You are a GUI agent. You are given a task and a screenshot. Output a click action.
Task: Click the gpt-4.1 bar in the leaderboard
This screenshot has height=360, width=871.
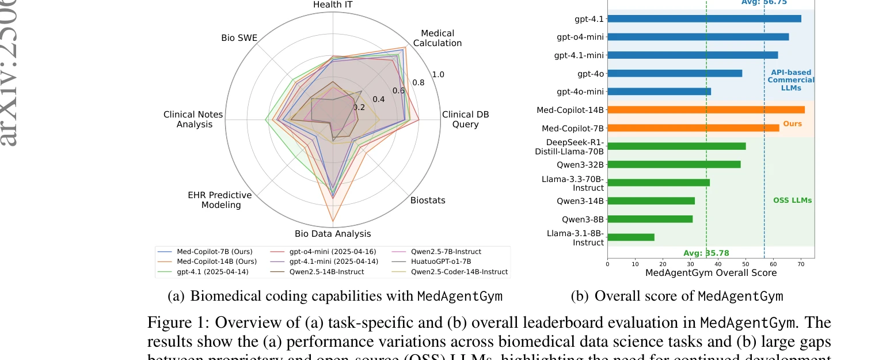pos(703,18)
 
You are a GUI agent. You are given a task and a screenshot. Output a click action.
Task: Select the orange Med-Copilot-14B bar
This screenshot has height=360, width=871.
pos(706,109)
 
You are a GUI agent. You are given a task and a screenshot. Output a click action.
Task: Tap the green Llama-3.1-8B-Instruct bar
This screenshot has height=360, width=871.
pos(630,237)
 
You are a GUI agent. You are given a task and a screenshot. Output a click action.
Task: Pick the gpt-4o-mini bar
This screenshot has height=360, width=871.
pos(659,92)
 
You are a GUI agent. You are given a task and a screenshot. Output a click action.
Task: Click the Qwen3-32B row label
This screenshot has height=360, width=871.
pos(580,164)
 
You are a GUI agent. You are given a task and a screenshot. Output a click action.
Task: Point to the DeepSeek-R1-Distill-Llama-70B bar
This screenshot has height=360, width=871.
pos(676,146)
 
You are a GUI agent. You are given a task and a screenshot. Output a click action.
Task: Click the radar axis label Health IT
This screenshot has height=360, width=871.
pos(333,5)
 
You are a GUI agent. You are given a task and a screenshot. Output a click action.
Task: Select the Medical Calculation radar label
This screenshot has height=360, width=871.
pos(438,38)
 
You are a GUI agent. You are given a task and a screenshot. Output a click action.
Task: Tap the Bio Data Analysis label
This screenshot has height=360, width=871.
pos(333,233)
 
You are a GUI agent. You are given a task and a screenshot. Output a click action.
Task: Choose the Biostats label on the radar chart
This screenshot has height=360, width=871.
pos(428,200)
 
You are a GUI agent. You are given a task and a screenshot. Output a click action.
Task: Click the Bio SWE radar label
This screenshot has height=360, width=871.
pos(239,38)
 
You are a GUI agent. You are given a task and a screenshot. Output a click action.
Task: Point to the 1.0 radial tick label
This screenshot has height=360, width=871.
pos(438,74)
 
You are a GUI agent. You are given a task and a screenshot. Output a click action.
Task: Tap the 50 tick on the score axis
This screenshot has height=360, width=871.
pos(745,264)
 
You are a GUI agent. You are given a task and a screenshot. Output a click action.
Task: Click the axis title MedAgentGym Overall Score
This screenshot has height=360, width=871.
pos(711,273)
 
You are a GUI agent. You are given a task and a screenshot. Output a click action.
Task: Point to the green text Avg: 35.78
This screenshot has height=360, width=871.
pos(706,253)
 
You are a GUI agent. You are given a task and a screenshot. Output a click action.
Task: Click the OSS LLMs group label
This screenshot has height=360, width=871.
pos(792,200)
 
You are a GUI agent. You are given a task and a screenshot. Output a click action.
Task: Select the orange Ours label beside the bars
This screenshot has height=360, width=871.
pos(792,124)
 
